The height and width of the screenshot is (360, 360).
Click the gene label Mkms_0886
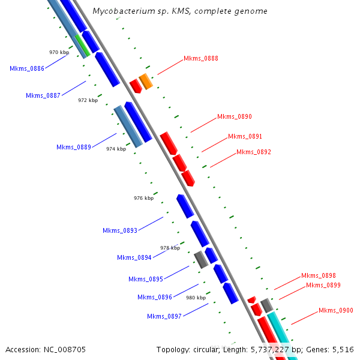click(27, 68)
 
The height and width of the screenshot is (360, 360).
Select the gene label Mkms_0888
click(201, 59)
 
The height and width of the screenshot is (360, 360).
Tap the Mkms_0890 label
click(235, 116)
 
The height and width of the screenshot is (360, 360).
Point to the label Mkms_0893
click(120, 230)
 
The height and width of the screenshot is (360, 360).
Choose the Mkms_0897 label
click(164, 317)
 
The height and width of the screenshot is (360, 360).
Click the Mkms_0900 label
click(336, 311)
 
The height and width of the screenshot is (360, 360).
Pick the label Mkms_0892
click(254, 152)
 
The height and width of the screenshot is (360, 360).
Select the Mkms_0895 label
click(146, 279)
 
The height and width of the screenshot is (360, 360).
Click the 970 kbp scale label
click(59, 53)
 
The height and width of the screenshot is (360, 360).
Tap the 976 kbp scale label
click(143, 198)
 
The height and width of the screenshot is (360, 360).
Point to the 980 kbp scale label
click(196, 298)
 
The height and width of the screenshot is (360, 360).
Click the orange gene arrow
click(145, 81)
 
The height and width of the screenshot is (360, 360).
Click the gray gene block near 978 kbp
click(201, 259)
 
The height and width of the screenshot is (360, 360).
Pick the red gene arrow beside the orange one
click(136, 86)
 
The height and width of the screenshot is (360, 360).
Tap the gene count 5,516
click(341, 349)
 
